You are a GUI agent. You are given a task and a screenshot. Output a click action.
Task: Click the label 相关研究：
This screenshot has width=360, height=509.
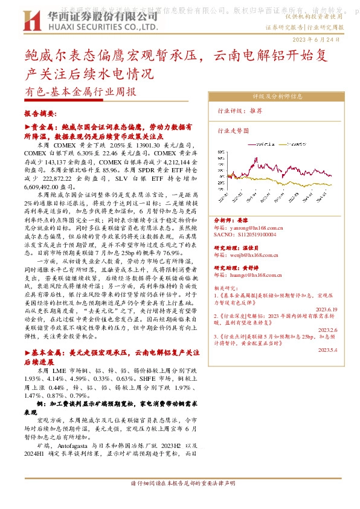coord(227,289)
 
